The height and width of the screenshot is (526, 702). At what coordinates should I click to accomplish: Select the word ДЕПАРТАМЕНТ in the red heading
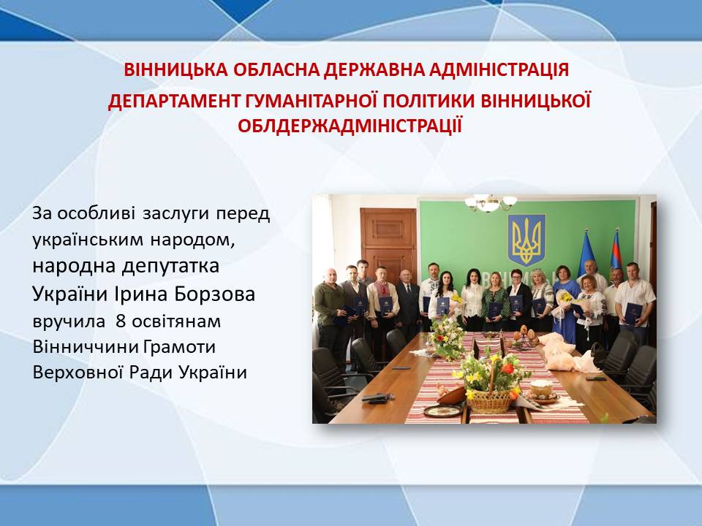click(x=174, y=101)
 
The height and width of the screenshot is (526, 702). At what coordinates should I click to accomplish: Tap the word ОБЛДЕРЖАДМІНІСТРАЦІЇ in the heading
click(x=350, y=126)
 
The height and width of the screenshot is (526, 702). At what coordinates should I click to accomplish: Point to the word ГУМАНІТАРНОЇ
click(x=312, y=101)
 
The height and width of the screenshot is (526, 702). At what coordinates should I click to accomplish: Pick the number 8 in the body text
click(x=121, y=321)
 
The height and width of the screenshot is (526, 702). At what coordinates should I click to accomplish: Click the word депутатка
click(x=170, y=267)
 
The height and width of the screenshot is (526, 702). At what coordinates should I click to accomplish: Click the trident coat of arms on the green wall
click(x=526, y=240)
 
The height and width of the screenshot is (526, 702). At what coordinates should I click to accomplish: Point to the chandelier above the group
click(x=491, y=203)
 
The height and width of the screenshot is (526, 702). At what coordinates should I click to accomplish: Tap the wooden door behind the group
click(x=388, y=242)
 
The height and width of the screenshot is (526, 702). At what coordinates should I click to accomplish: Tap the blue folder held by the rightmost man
click(x=633, y=313)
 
